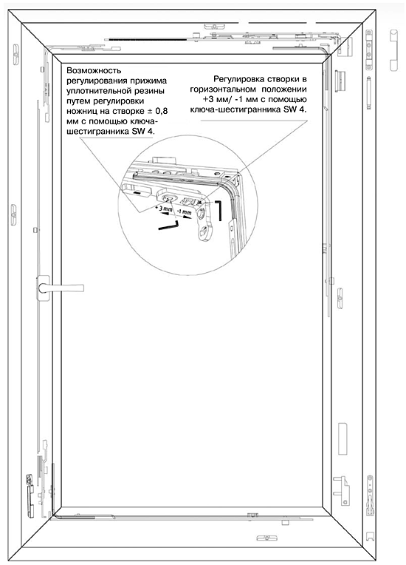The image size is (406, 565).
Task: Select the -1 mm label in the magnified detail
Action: click(185, 212)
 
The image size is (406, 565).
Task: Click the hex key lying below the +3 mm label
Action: click(168, 226)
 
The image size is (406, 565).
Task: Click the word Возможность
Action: click(94, 71)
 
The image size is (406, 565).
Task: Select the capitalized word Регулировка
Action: click(238, 79)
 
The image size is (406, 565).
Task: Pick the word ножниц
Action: click(82, 112)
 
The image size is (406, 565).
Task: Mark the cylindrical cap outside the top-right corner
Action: click(393, 50)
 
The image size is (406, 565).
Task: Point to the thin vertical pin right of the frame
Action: click(368, 92)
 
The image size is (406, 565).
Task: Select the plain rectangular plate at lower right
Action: click(343, 439)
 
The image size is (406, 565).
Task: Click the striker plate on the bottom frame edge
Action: click(266, 538)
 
